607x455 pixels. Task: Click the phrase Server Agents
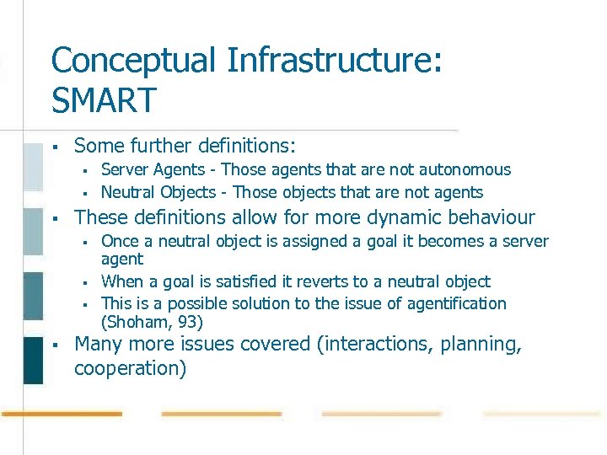[154, 170]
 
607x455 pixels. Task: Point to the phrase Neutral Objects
[159, 192]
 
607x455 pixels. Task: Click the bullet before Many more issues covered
[53, 344]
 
